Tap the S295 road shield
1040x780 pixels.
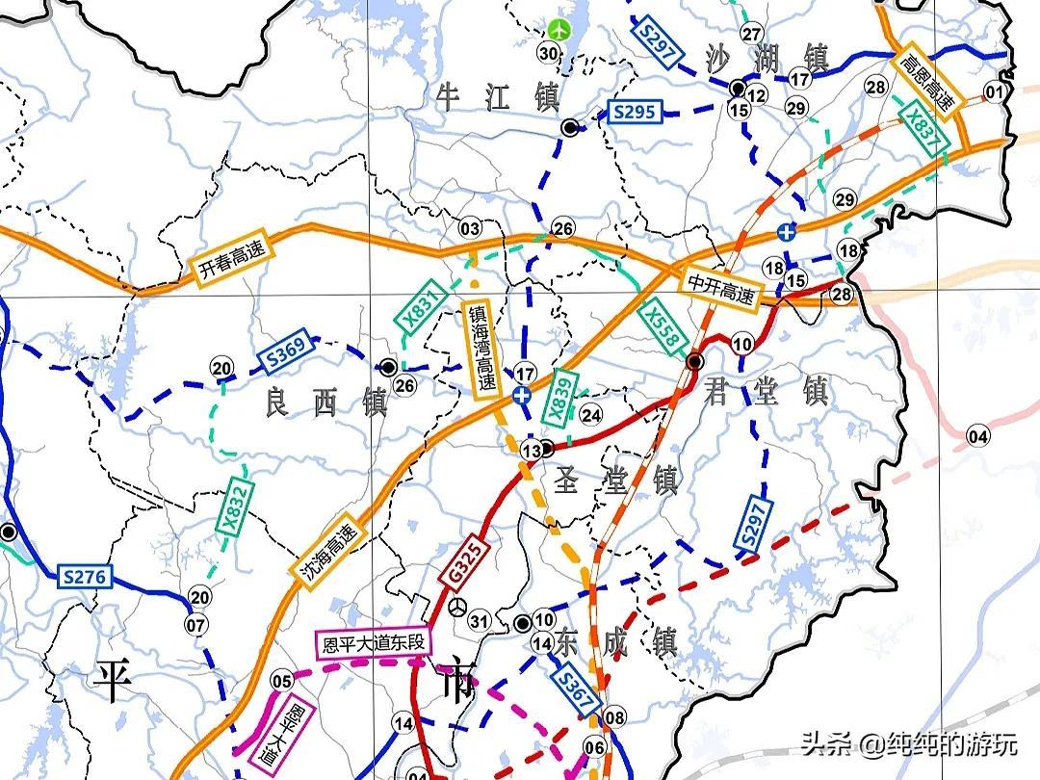pyautogui.click(x=634, y=113)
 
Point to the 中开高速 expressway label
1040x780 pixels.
pyautogui.click(x=720, y=288)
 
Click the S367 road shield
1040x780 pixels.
pyautogui.click(x=574, y=691)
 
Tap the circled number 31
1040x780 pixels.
pyautogui.click(x=479, y=621)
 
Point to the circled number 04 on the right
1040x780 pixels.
pyautogui.click(x=977, y=436)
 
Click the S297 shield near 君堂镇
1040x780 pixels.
pyautogui.click(x=753, y=528)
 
